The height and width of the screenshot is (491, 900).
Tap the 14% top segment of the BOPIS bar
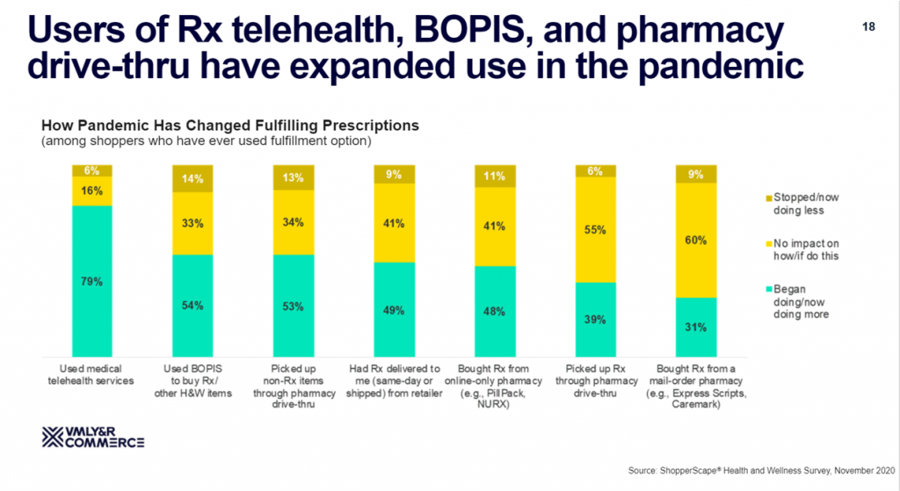[192, 177]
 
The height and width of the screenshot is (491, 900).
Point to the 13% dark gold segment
[294, 177]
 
